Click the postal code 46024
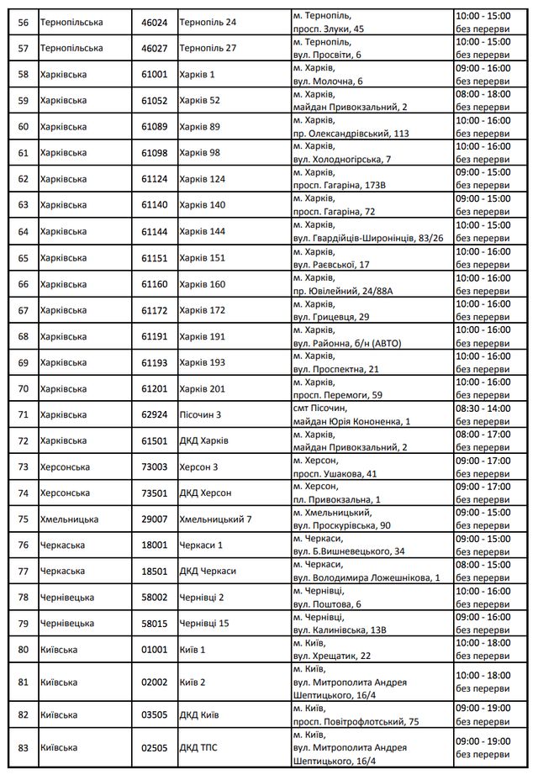pos(155,22)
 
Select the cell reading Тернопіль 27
pos(208,48)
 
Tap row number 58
pos(23,74)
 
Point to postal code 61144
pos(155,231)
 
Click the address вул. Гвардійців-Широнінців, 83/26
pos(368,238)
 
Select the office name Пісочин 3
pos(201,414)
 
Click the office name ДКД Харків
pos(203,440)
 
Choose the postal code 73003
pos(155,466)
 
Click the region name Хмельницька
pos(69,519)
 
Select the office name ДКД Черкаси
pos(208,571)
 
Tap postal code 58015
pos(155,623)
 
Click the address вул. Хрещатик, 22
pos(332,656)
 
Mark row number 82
pos(23,714)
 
